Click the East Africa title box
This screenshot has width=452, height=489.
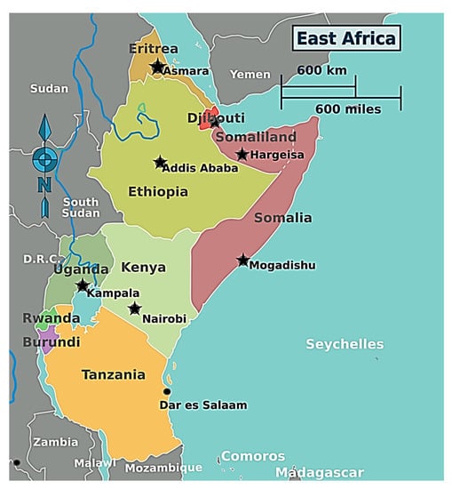click(x=345, y=38)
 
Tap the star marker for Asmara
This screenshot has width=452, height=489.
click(x=157, y=67)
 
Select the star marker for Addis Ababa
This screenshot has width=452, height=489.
click(x=160, y=163)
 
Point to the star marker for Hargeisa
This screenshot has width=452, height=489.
click(x=242, y=155)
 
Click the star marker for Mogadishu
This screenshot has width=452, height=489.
click(x=242, y=261)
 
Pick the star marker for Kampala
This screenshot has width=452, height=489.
click(x=83, y=285)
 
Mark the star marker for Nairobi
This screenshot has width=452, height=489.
click(x=134, y=309)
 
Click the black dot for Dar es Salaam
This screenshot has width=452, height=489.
click(x=166, y=391)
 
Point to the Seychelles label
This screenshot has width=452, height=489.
click(x=345, y=344)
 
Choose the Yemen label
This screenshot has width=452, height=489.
click(x=250, y=75)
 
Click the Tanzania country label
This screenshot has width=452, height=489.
click(x=113, y=374)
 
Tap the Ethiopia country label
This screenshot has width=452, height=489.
click(x=157, y=191)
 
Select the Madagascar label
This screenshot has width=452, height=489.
click(x=319, y=472)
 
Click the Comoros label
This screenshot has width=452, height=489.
click(x=252, y=456)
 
